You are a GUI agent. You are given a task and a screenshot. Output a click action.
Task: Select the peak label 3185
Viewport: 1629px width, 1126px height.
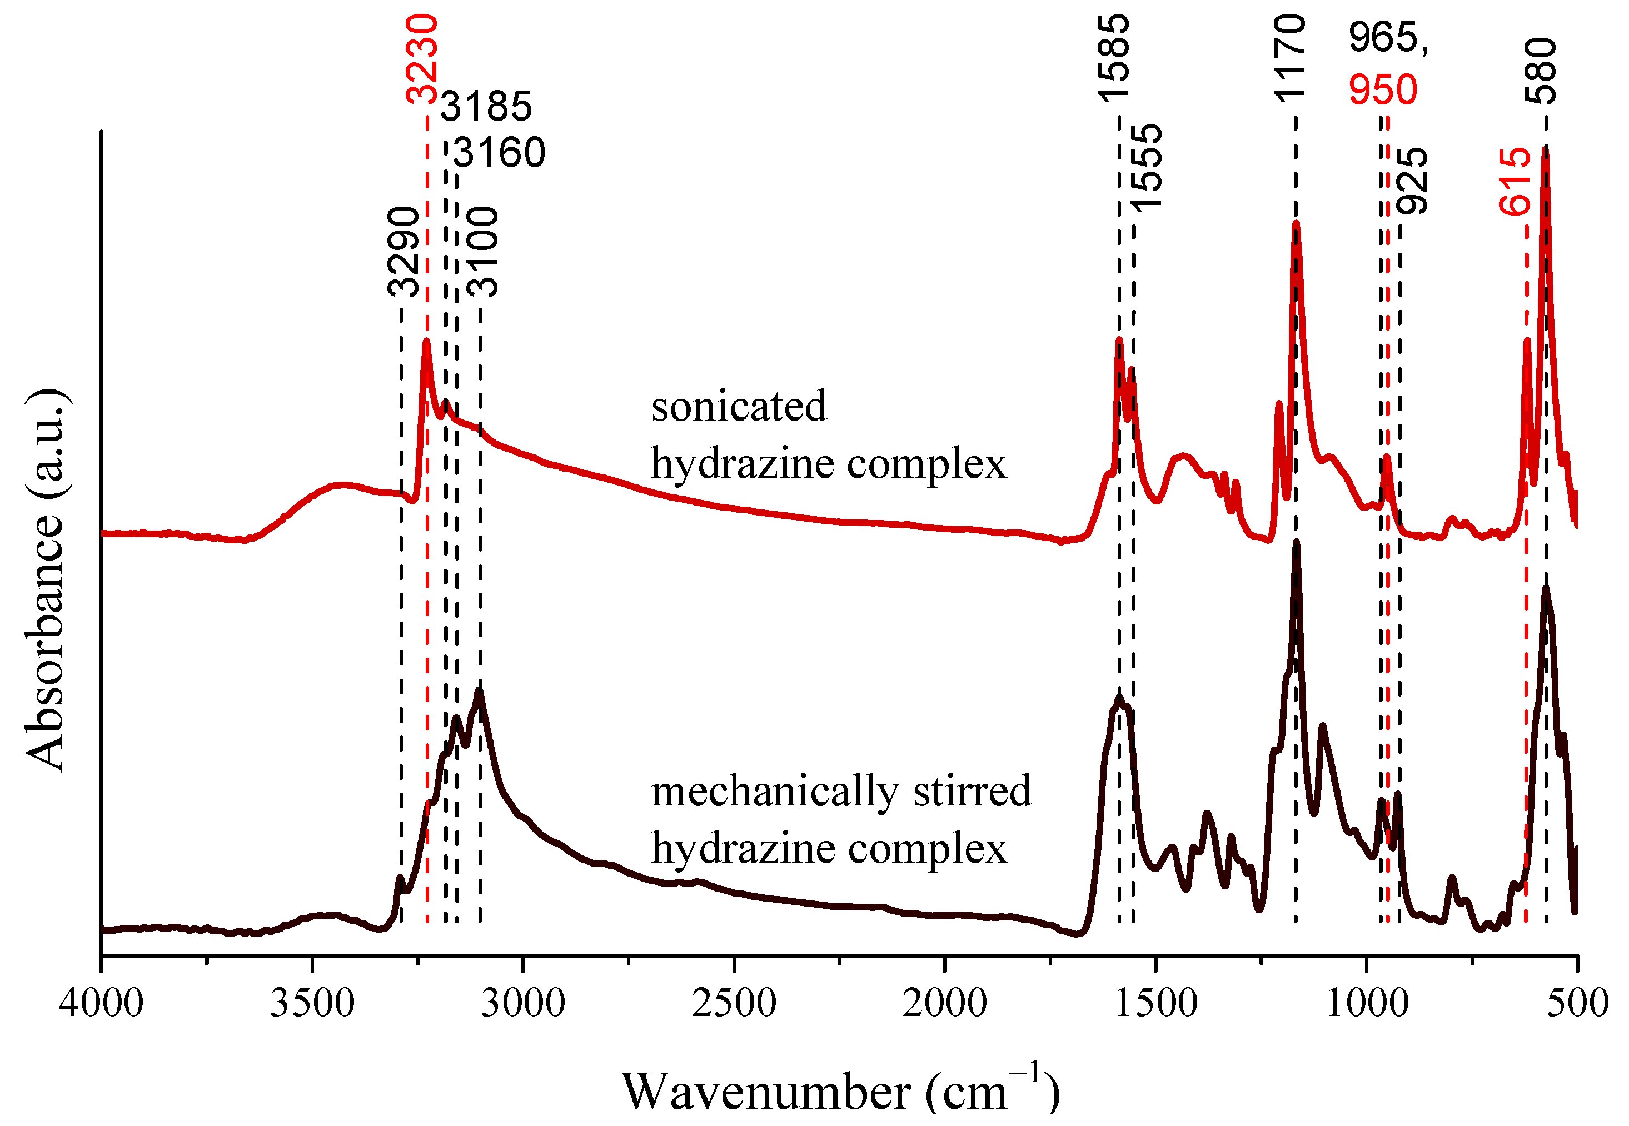486,107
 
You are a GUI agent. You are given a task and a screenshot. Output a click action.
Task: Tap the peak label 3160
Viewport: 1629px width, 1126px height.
499,153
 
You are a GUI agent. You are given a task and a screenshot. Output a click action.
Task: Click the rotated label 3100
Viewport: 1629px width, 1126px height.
484,252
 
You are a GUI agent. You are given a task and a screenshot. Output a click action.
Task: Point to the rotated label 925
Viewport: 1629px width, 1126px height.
1412,181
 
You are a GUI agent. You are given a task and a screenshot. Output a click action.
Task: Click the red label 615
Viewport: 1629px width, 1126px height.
1515,181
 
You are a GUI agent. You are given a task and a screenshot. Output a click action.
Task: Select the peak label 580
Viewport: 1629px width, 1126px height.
1540,71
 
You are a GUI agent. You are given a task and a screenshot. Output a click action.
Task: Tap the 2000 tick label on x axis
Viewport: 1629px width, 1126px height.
944,1003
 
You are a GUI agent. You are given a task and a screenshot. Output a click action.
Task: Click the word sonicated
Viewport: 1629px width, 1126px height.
738,407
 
